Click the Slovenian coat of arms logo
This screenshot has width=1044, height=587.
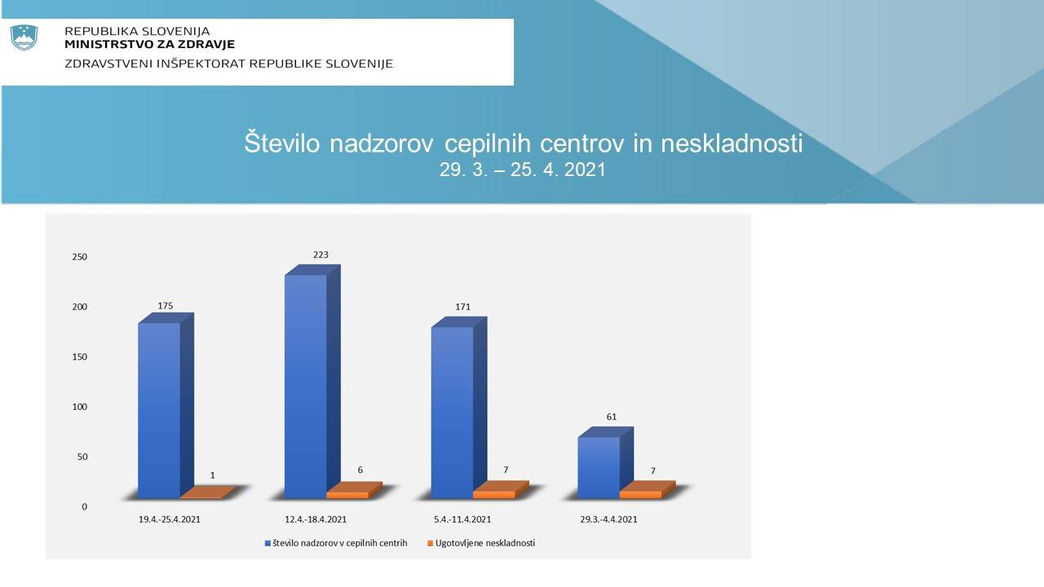[24, 38]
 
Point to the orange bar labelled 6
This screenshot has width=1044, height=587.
[354, 491]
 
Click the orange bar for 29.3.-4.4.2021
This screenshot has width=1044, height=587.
[648, 490]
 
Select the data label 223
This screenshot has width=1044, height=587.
[321, 255]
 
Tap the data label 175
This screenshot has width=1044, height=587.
[166, 306]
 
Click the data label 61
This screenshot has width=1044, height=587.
[612, 417]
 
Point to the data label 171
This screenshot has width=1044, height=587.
[462, 307]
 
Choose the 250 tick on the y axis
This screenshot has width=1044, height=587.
[80, 257]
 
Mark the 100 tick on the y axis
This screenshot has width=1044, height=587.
[80, 407]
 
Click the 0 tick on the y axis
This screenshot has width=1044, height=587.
[84, 507]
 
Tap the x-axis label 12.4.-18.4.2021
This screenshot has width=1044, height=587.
[316, 519]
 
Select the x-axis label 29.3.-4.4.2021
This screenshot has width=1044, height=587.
[608, 519]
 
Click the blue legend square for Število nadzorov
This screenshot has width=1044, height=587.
[268, 544]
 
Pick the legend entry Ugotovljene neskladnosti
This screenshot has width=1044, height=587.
[481, 544]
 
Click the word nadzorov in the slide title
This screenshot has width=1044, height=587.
[382, 143]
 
